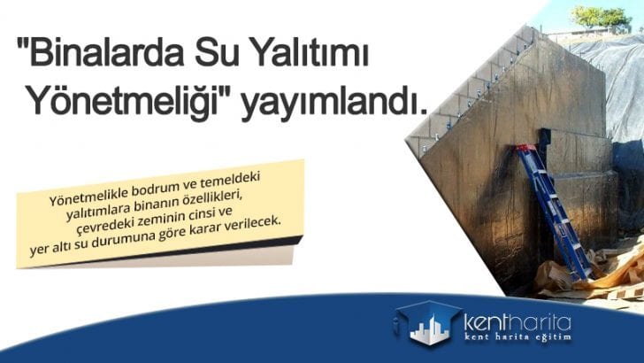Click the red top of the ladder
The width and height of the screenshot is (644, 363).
point(527,147)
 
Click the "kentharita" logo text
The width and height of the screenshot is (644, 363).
point(518,320)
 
